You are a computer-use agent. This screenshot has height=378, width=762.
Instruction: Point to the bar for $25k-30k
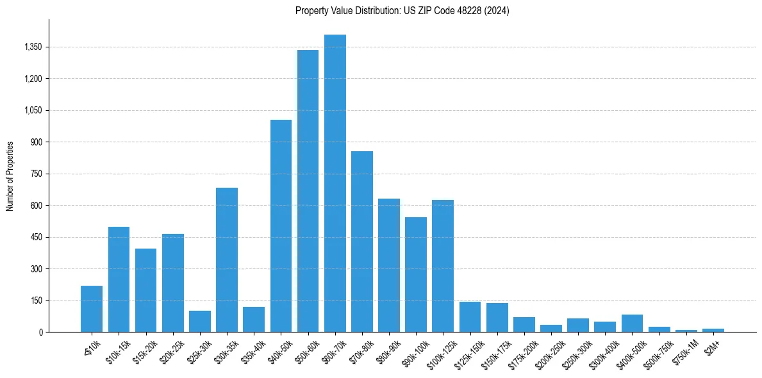[200, 321]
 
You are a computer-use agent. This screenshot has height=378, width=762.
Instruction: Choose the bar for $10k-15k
[119, 279]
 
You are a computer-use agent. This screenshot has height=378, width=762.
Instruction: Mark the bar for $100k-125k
[443, 266]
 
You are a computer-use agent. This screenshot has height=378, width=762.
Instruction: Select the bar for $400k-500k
[632, 323]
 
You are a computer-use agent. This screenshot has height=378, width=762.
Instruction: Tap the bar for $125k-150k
[470, 316]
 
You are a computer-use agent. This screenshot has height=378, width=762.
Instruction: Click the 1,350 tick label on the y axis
[33, 47]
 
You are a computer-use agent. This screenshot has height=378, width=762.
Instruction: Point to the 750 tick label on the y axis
[35, 174]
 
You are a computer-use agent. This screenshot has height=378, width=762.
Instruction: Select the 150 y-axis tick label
[35, 300]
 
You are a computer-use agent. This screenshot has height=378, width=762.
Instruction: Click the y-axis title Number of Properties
[10, 176]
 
